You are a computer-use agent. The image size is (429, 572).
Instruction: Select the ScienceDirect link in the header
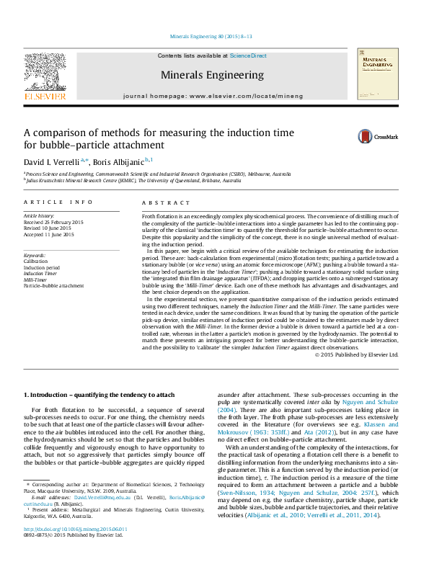248,55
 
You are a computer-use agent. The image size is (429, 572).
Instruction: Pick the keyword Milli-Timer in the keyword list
37,279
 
